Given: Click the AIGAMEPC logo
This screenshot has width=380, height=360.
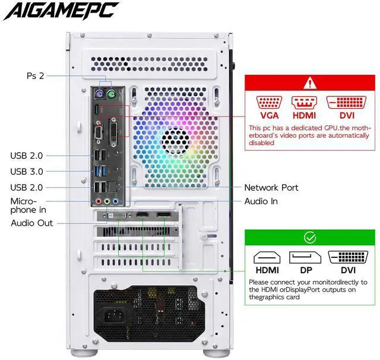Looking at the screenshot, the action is click(61, 11).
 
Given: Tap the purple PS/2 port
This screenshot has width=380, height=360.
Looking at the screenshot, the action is click(99, 94).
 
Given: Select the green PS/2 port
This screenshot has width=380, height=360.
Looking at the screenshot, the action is click(111, 94).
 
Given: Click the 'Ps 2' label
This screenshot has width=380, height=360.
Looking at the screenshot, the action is click(36, 76).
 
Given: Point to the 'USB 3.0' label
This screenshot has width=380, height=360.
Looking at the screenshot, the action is click(27, 172).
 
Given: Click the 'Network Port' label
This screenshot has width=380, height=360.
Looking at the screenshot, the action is click(271, 187).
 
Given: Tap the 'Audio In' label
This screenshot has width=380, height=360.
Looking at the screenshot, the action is click(261, 201).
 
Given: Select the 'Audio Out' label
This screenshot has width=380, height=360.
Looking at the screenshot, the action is click(31, 223).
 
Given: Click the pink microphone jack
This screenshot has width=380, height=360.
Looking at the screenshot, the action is click(98, 201).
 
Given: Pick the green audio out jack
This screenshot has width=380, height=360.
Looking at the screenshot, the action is click(107, 201).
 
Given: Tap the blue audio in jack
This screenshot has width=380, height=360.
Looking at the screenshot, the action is click(116, 201).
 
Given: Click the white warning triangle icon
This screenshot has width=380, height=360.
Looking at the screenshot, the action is click(310, 83).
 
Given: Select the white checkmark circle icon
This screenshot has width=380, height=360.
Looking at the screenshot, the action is click(310, 238).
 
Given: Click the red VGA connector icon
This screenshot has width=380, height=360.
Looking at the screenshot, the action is click(269, 103).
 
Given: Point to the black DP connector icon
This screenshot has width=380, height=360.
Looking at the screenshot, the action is click(305, 257).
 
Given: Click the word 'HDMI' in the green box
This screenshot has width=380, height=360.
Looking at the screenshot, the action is click(267, 270).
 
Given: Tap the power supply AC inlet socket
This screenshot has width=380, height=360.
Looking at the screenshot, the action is click(114, 315).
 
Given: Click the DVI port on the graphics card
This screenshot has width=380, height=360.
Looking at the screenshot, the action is click(118, 215).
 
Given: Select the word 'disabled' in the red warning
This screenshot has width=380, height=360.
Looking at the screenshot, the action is click(261, 143).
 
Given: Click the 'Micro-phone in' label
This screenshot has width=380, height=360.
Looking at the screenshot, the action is click(28, 206).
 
